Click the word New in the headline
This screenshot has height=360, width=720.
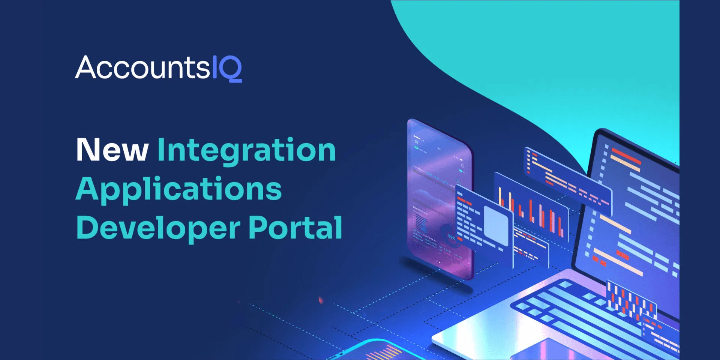[x=112, y=150]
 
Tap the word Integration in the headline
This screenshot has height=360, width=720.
[x=246, y=151]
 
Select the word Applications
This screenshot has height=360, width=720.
[x=178, y=189]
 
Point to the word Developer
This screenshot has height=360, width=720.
[x=158, y=228]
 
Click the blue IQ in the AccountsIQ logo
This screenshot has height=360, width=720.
[x=227, y=68]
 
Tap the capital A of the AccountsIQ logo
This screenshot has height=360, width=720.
[x=87, y=67]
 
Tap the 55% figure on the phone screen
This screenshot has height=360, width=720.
[x=451, y=237]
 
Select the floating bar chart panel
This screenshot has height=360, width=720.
[x=532, y=206]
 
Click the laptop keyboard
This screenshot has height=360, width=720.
[x=585, y=311]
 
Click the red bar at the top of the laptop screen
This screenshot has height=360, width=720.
[x=626, y=155]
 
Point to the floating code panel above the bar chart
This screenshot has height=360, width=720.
[x=566, y=180]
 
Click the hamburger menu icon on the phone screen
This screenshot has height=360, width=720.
[x=416, y=142]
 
